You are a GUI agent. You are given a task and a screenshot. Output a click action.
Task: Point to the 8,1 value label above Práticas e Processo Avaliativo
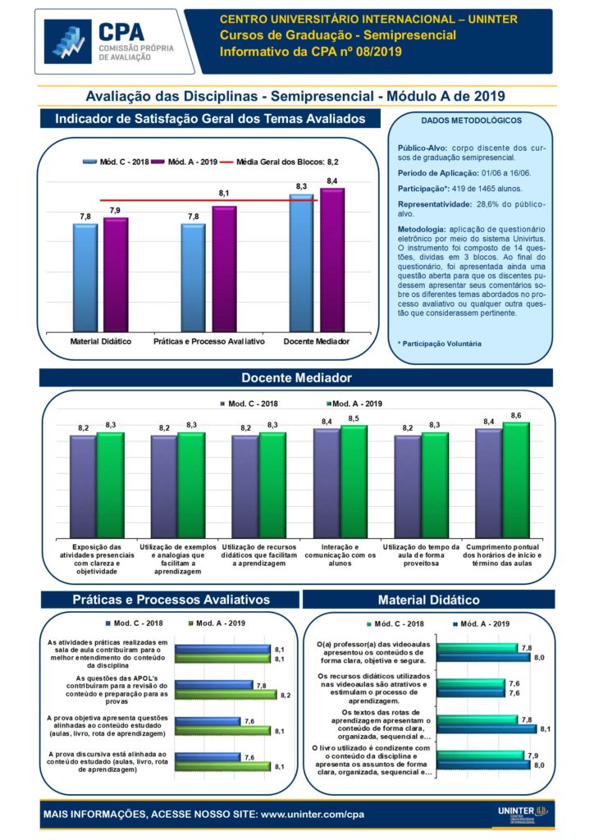[x=223, y=193]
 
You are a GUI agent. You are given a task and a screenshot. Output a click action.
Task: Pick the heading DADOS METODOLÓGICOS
[x=471, y=121]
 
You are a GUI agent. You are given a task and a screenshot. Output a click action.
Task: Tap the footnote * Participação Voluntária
[x=439, y=344]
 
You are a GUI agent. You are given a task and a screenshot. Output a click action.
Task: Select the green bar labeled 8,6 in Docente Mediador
[x=515, y=480]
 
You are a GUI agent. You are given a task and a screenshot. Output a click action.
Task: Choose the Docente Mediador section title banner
[x=296, y=378]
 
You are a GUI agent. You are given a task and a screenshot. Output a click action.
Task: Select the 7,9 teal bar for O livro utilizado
[x=480, y=756]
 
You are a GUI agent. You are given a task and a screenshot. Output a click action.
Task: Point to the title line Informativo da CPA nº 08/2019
[x=311, y=52]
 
